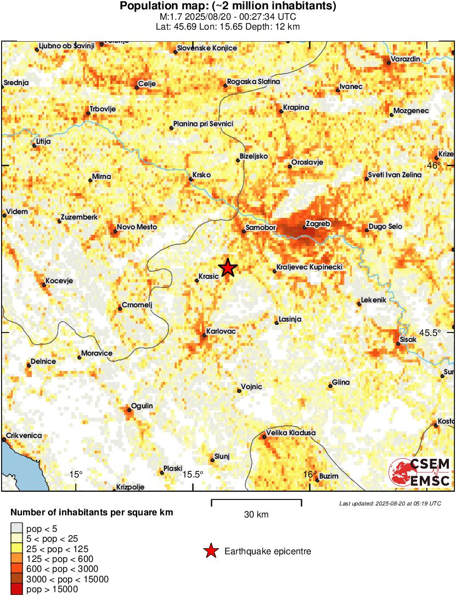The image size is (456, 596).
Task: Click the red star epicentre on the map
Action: click(227, 267)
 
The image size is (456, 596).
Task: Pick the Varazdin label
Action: click(406, 59)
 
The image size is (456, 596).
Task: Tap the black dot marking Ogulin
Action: click(130, 409)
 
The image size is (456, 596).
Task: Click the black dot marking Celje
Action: click(137, 87)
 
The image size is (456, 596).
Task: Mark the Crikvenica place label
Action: click(24, 435)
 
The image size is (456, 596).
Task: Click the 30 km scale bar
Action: click(256, 501)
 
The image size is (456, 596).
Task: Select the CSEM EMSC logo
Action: click(420, 473)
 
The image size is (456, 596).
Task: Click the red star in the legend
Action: click(210, 551)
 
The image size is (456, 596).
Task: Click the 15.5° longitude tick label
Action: click(193, 474)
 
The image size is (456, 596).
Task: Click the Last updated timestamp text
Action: click(390, 503)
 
